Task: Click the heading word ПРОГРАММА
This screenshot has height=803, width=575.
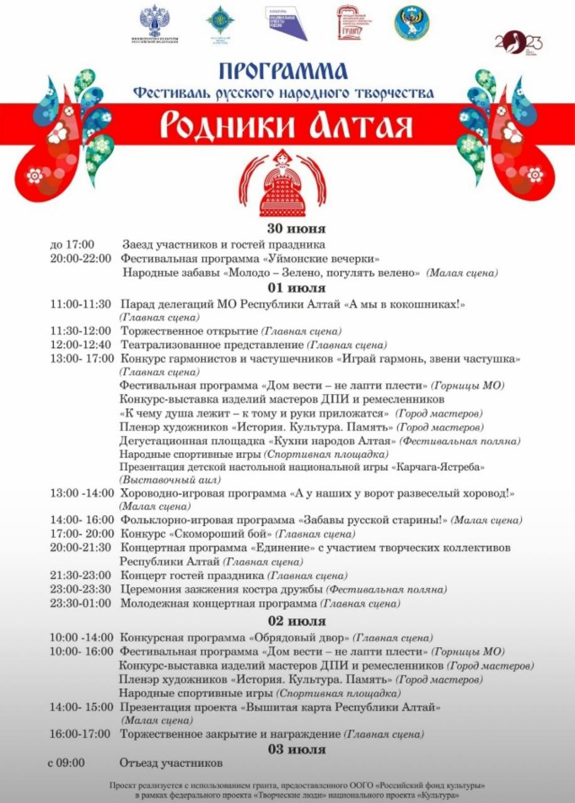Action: pos(283,71)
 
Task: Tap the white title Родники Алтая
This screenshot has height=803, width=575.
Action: pos(286,125)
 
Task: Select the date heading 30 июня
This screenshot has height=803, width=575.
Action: pos(287,229)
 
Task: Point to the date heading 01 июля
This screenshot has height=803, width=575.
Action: pos(287,289)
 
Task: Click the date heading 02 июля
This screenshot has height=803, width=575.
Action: pos(287,621)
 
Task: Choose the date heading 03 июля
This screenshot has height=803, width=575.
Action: pos(287,748)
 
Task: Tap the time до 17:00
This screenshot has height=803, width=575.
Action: pos(72,245)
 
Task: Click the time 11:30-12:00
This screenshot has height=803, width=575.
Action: pos(81,331)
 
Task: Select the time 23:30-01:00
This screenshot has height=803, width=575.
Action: pos(81,603)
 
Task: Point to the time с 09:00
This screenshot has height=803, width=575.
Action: pos(66,763)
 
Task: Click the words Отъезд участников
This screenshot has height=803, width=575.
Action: pos(171,763)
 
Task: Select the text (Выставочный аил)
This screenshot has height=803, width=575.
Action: pos(170,479)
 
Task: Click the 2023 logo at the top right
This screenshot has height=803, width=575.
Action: pos(518,42)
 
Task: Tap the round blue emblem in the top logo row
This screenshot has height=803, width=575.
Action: pos(412,23)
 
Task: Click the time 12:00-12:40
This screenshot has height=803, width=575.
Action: pos(81,344)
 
